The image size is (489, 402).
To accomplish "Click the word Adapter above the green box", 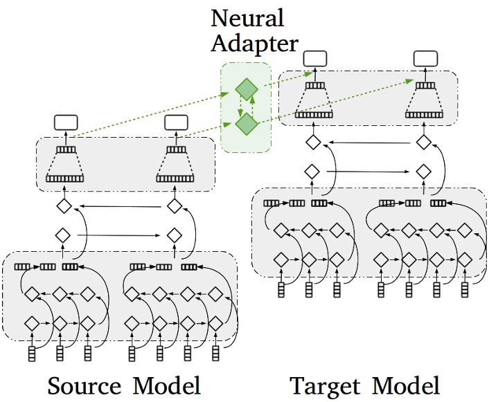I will pyautogui.click(x=254, y=44).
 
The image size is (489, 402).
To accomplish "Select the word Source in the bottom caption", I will pyautogui.click(x=85, y=385).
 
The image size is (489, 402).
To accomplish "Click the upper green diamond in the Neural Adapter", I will pyautogui.click(x=246, y=89).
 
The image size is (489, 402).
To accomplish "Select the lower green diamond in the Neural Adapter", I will pyautogui.click(x=246, y=124).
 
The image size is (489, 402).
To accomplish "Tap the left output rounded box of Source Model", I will pyautogui.click(x=65, y=123).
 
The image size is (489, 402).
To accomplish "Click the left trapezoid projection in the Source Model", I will pyautogui.click(x=64, y=165).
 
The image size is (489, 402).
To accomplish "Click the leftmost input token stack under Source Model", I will pyautogui.click(x=31, y=354).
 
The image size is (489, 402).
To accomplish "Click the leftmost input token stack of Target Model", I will pyautogui.click(x=281, y=289).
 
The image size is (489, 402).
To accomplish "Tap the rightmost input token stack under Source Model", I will pyautogui.click(x=216, y=354).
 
